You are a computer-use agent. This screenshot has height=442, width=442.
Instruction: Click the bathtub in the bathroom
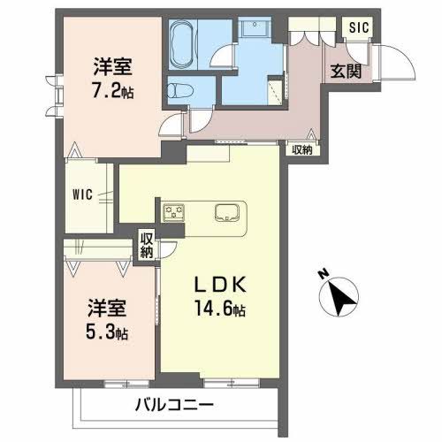tap(184, 42)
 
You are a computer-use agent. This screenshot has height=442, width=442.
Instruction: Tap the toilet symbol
tap(180, 88)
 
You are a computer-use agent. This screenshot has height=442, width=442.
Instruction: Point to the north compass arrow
tap(342, 297)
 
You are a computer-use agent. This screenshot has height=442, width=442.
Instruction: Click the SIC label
tap(357, 27)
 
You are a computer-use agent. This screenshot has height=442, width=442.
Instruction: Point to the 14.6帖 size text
tap(222, 310)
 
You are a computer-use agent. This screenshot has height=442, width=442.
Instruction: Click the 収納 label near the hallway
tap(302, 150)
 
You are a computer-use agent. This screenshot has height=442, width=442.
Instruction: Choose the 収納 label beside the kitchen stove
tap(147, 245)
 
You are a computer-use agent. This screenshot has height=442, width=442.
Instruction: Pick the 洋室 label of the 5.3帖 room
tap(106, 309)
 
